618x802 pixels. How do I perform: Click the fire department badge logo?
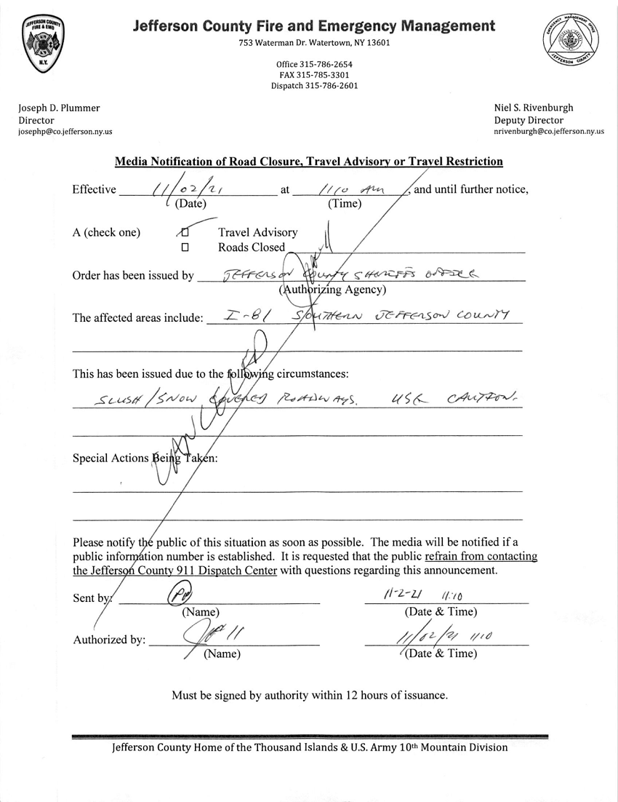pyautogui.click(x=43, y=43)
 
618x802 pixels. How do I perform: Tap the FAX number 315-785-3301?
pyautogui.click(x=314, y=75)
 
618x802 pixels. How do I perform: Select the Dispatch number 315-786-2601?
pyautogui.click(x=314, y=85)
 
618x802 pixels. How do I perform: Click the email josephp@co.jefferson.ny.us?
pyautogui.click(x=65, y=132)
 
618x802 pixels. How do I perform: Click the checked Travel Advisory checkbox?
pyautogui.click(x=185, y=232)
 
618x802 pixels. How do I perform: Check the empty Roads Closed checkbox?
pyautogui.click(x=185, y=247)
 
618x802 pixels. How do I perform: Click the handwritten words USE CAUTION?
pyautogui.click(x=452, y=397)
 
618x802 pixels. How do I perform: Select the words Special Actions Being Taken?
pyautogui.click(x=145, y=458)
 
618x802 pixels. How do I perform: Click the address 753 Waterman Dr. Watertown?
pyautogui.click(x=314, y=43)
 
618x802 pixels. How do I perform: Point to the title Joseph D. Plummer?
pyautogui.click(x=59, y=108)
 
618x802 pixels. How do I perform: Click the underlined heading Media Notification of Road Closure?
pyautogui.click(x=309, y=162)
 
